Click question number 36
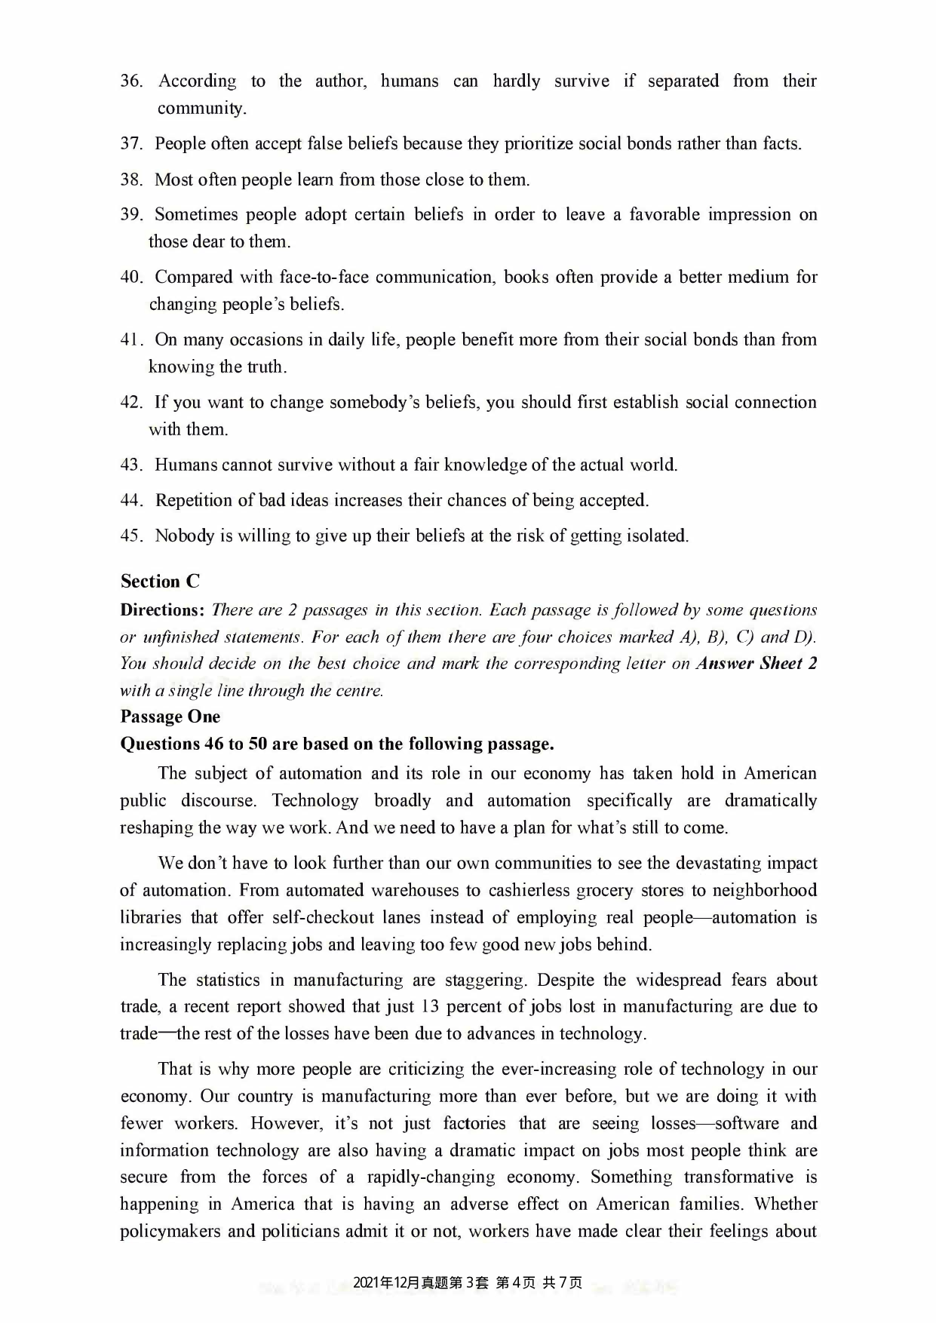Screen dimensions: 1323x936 (131, 81)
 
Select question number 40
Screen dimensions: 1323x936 (131, 278)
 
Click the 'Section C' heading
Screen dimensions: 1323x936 (160, 582)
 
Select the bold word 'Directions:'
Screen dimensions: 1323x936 (162, 610)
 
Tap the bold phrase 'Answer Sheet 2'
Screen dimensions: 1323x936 (756, 664)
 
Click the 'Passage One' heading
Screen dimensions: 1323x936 (170, 717)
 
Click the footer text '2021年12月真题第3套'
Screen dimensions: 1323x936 (421, 1283)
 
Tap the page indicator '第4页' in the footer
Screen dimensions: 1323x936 (516, 1283)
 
